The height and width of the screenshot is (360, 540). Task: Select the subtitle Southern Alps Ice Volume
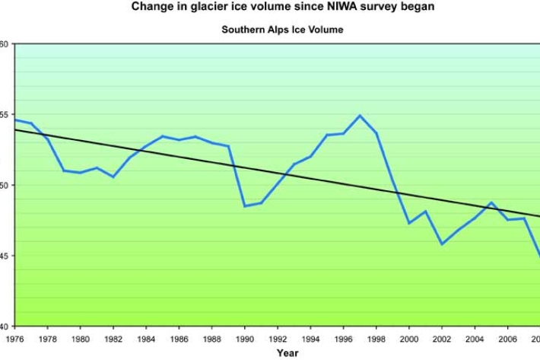(282, 30)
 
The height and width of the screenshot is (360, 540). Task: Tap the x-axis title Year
(287, 352)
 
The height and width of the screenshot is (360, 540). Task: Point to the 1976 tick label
(14, 339)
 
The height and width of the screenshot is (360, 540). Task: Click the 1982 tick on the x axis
(113, 339)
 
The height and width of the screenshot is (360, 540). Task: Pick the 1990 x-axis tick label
(245, 339)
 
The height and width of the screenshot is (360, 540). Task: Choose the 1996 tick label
(344, 339)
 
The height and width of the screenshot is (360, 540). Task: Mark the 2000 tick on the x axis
(409, 339)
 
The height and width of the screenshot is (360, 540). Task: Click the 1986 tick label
(179, 339)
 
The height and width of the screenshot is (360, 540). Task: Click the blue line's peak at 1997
(360, 116)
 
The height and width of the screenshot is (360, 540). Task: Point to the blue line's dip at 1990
(245, 205)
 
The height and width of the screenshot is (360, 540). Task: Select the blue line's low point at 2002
(442, 244)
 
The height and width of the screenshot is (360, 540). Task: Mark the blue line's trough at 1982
(113, 177)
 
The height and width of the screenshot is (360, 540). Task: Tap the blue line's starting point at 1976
(15, 119)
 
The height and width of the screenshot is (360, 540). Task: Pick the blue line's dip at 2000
(409, 223)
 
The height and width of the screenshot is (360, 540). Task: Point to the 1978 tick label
(47, 339)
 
